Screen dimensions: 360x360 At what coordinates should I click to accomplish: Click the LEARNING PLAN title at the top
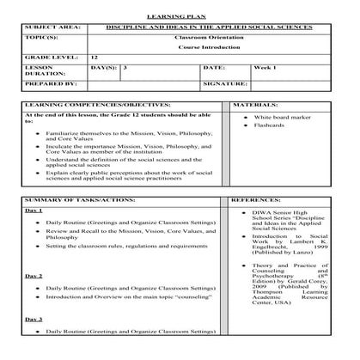click(179, 16)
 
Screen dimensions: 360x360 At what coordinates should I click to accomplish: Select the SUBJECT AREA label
click(52, 28)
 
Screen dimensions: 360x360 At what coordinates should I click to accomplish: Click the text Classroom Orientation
click(215, 40)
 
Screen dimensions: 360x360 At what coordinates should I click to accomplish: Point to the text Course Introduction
click(215, 50)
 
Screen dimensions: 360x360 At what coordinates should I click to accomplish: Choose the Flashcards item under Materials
click(266, 135)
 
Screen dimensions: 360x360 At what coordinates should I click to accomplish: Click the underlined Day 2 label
click(34, 276)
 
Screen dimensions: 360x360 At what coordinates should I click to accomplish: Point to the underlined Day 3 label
click(34, 320)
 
